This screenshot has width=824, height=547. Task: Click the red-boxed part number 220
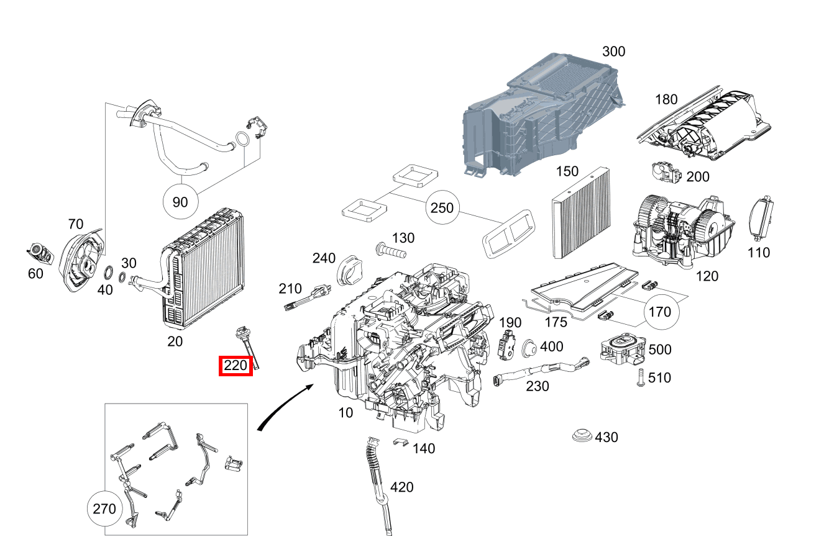click(x=236, y=366)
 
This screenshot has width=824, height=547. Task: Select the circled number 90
click(x=180, y=202)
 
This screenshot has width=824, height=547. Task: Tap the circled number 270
click(x=104, y=509)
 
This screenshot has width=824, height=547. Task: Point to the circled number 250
click(x=442, y=208)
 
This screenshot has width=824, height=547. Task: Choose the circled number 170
click(x=660, y=312)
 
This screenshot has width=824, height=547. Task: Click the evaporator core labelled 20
click(x=202, y=267)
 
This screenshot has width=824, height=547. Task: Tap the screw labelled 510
click(x=639, y=377)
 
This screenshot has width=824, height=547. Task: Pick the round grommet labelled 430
click(x=582, y=435)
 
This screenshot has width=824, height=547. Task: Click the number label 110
click(x=759, y=253)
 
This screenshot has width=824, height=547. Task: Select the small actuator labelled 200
click(x=666, y=173)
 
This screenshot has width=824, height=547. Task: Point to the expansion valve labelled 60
click(x=39, y=253)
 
